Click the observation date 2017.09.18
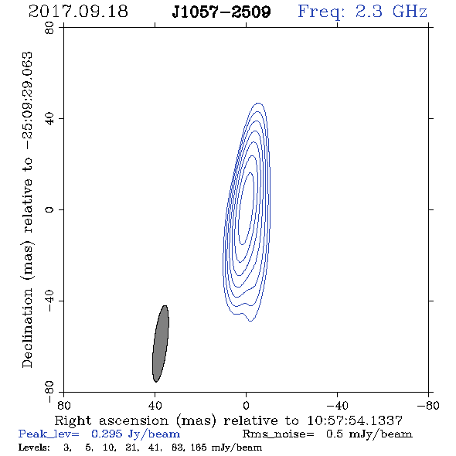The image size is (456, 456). click(78, 12)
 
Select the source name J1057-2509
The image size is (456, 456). click(221, 12)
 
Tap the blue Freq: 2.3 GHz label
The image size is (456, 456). click(362, 12)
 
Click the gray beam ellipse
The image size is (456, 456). click(161, 344)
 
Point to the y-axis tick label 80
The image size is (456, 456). click(49, 28)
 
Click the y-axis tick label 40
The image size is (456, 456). click(49, 119)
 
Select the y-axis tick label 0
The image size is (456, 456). click(49, 209)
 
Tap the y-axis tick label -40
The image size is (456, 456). click(49, 301)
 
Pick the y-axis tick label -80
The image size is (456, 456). click(49, 392)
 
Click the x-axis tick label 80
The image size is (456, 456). click(63, 406)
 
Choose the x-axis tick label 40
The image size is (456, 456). click(155, 406)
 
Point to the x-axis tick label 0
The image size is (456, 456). click(246, 406)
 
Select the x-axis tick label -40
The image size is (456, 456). click(337, 406)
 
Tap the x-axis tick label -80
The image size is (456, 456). click(428, 406)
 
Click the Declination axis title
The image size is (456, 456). click(27, 209)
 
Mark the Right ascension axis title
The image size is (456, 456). click(229, 420)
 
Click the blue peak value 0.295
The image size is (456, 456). click(107, 434)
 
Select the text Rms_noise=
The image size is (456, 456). click(278, 434)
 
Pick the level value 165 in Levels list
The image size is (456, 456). click(199, 447)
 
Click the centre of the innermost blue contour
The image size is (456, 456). click(246, 208)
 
